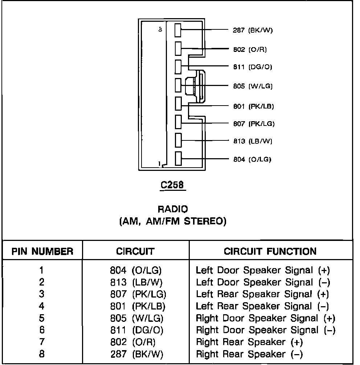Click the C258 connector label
tap(172, 185)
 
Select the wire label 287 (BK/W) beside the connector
tap(253, 30)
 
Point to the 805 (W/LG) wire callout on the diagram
tap(253, 86)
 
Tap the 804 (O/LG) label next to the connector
tap(252, 159)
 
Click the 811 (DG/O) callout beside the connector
tap(252, 67)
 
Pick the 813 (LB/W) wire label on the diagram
tap(252, 141)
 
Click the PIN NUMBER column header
tap(42, 251)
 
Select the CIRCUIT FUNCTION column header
tap(270, 251)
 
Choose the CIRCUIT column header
tap(135, 251)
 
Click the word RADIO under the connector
tap(173, 209)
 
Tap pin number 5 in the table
tap(42, 318)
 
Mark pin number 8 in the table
tap(42, 354)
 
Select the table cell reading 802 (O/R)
tap(135, 342)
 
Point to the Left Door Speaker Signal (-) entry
tap(263, 282)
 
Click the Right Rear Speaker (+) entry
tap(249, 342)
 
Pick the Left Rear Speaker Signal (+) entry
tap(263, 294)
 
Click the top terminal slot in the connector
tap(178, 30)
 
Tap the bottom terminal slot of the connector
tap(178, 159)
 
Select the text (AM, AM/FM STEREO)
tap(173, 221)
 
